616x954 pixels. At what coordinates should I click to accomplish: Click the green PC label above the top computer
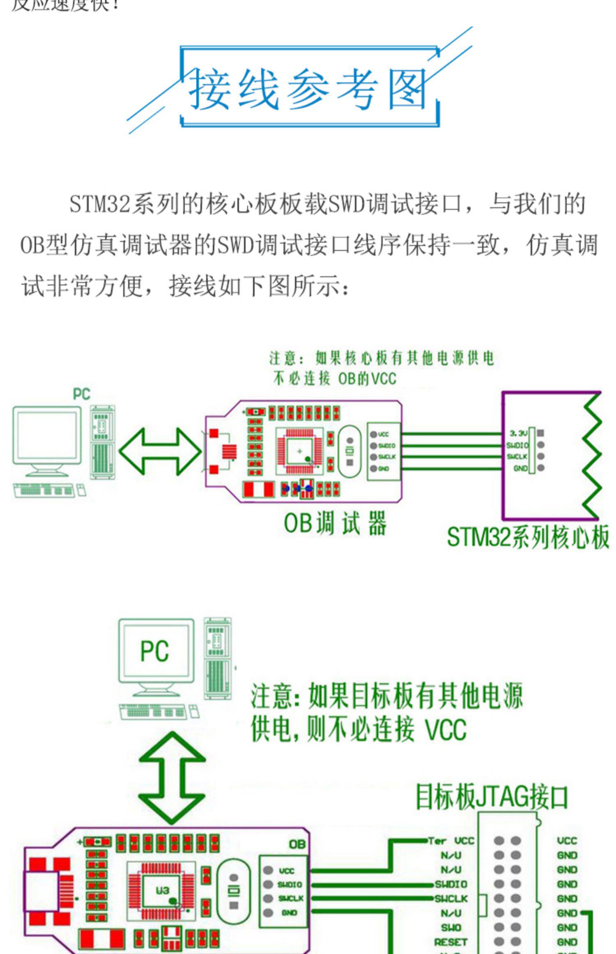point(81,394)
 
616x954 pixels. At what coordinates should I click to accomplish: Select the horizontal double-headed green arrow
point(160,452)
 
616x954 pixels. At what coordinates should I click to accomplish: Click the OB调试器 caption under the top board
point(335,523)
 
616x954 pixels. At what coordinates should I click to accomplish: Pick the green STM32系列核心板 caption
point(528,537)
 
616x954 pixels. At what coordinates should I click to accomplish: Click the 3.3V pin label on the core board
point(518,433)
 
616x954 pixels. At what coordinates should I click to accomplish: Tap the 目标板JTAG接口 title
point(492,797)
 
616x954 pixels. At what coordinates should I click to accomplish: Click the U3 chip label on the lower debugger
point(163,890)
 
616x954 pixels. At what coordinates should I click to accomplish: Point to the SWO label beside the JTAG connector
point(451,927)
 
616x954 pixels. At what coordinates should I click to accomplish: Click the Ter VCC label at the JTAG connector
point(451,841)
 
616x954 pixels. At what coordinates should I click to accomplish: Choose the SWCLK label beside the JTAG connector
point(451,899)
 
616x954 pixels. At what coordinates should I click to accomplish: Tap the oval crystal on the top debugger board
point(349,451)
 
